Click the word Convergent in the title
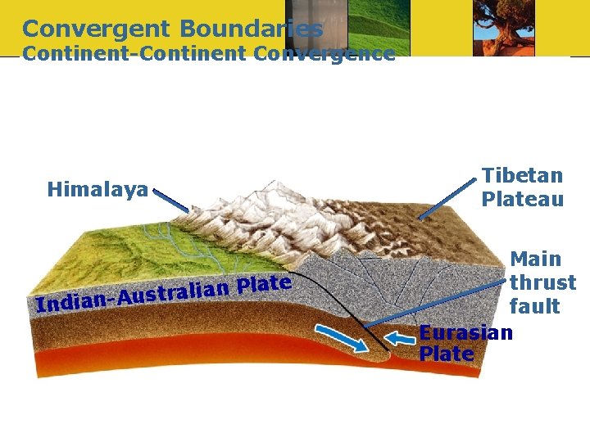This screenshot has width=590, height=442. (96, 29)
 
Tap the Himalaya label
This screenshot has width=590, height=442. (98, 191)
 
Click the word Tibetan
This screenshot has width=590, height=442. (522, 176)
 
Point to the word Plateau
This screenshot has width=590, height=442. (522, 200)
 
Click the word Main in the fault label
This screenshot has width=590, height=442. (535, 259)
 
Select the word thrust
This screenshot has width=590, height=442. (542, 283)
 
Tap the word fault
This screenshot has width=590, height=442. (534, 307)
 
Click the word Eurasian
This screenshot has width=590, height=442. (465, 332)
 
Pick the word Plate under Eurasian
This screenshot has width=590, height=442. (446, 354)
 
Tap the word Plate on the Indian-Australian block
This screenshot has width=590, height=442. (264, 285)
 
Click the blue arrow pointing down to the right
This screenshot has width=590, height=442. (341, 336)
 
